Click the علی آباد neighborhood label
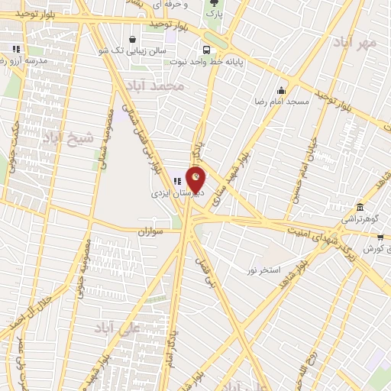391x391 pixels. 115,328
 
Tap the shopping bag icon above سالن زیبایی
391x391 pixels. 133,39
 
